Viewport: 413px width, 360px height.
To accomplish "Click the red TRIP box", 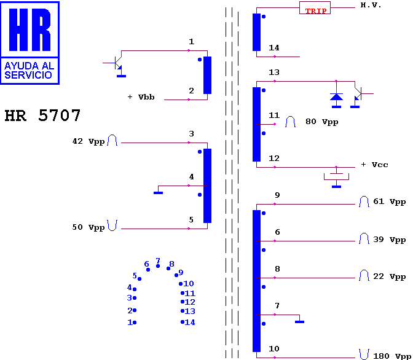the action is click(315, 7).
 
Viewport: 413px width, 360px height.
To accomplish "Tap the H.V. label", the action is click(371, 6).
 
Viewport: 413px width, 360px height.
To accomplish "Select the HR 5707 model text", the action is click(42, 115).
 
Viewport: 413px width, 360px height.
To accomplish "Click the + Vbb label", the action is click(141, 97).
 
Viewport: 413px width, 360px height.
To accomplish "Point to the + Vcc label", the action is click(374, 165).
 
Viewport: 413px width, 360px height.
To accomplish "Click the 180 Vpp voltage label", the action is click(392, 356).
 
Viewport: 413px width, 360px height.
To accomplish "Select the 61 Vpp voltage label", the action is click(389, 202).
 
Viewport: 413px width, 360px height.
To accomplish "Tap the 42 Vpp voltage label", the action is click(88, 141).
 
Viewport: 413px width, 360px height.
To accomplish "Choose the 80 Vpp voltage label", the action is click(322, 122).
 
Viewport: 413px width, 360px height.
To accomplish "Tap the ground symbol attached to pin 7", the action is click(299, 322).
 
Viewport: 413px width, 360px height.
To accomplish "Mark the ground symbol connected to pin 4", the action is click(158, 193).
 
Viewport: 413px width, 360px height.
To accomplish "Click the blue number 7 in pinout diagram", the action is click(158, 260).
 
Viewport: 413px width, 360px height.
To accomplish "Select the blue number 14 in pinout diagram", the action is click(190, 322).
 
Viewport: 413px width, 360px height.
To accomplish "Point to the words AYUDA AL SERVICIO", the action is click(29, 70).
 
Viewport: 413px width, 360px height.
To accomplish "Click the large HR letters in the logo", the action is click(29, 29).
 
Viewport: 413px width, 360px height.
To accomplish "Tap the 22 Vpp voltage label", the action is click(389, 276).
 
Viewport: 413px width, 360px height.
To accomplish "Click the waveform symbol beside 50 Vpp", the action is click(112, 225).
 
